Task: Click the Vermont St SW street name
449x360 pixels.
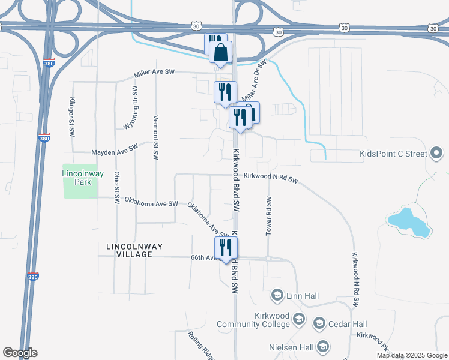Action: [x=155, y=137]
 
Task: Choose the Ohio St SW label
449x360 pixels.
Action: [x=116, y=187]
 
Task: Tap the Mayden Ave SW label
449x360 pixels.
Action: [x=115, y=149]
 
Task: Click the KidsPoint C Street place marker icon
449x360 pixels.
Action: [x=436, y=154]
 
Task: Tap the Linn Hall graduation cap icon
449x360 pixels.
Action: [x=277, y=295]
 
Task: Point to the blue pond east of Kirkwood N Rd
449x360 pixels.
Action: [x=410, y=221]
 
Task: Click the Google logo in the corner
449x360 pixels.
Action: [x=20, y=353]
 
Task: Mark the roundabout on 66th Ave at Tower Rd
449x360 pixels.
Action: [x=268, y=259]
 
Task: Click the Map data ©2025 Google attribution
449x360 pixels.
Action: [x=411, y=355]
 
